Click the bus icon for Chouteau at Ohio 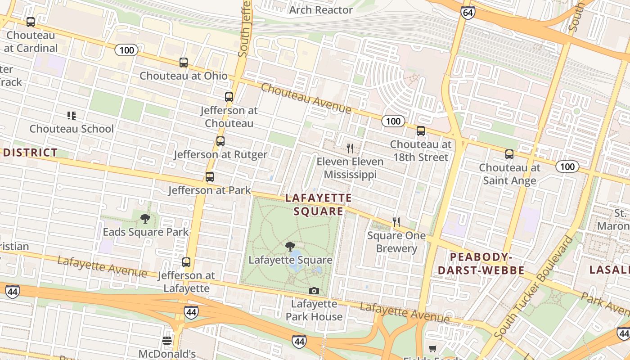point(184,63)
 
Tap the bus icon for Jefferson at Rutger point(220,141)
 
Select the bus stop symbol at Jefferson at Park point(209,177)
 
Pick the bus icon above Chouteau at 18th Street point(421,131)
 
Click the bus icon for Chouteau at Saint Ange point(509,154)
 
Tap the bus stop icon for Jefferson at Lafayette point(186,262)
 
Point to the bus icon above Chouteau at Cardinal point(31,22)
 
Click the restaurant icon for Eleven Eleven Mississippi point(350,148)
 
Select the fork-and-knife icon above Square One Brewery point(396,222)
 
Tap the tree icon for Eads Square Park point(145,219)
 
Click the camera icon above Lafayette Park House point(314,291)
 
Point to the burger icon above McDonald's point(167,340)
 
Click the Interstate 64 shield point(468,13)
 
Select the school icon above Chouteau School point(72,116)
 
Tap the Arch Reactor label point(321,10)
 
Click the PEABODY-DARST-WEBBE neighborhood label point(481,264)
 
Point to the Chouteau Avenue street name point(306,98)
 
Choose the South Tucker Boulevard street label point(534,288)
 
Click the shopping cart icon point(432,348)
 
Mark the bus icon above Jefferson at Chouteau point(229,97)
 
